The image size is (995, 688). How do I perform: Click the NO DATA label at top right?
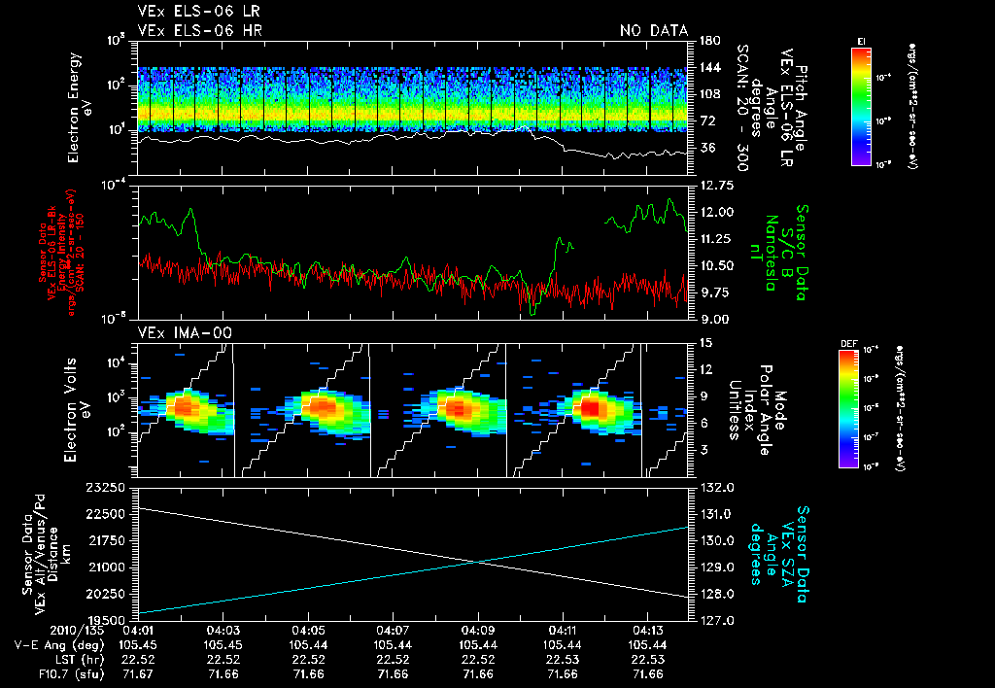coord(653,31)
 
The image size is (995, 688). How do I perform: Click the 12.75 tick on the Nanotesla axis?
coord(716,185)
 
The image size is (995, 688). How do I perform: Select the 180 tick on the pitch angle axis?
coord(708,41)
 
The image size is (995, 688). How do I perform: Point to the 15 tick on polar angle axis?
coord(705,342)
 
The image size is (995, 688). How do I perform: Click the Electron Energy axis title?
coord(80,104)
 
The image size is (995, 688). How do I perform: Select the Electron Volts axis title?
coord(80,406)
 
